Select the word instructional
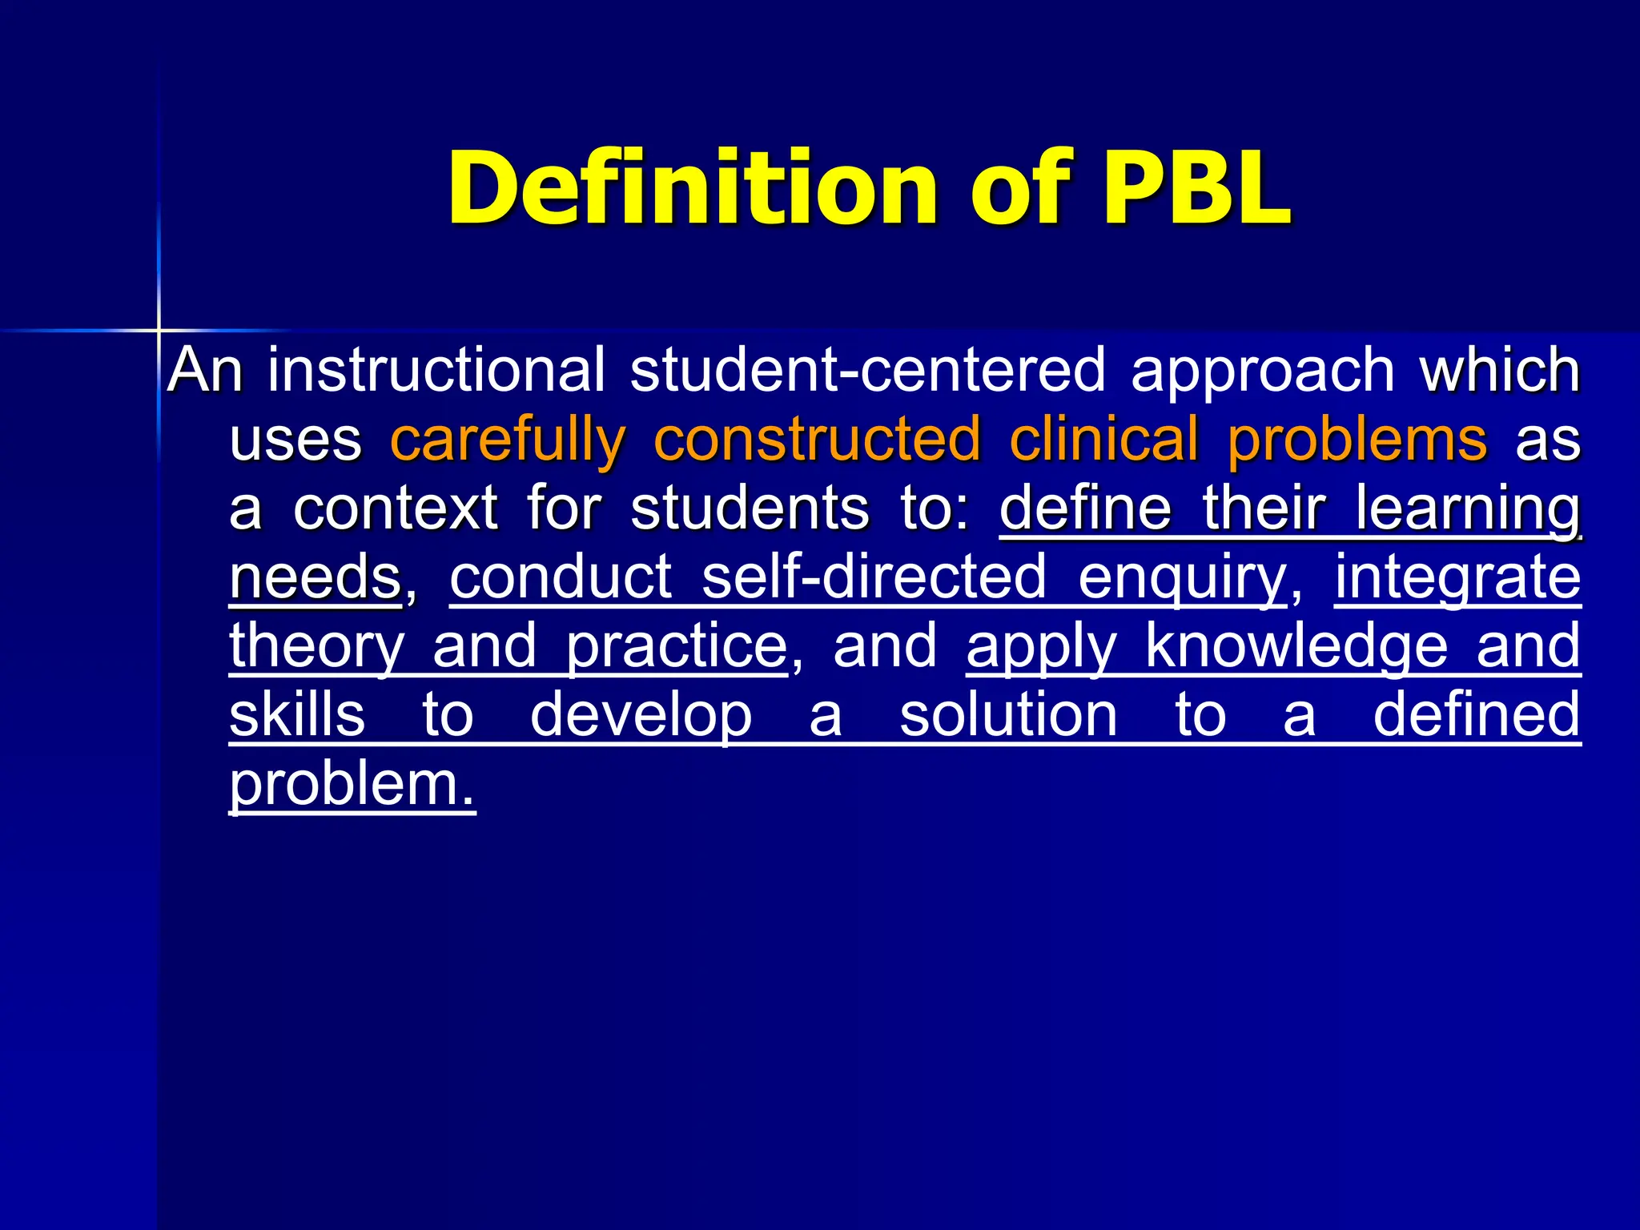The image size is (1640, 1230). (x=436, y=370)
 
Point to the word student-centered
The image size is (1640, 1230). (x=867, y=370)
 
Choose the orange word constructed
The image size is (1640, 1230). (x=818, y=440)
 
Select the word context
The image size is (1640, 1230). (x=396, y=509)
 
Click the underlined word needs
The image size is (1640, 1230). (x=315, y=577)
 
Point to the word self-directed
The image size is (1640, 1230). (x=874, y=577)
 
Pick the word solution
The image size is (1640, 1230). (x=1008, y=715)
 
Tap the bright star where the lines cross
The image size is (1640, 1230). (x=159, y=330)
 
